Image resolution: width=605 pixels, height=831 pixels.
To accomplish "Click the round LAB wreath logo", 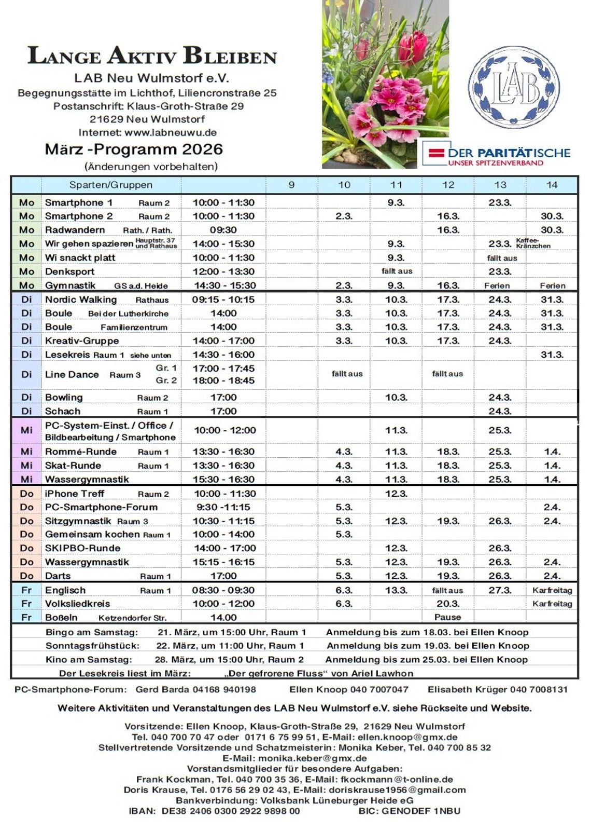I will coord(513,87).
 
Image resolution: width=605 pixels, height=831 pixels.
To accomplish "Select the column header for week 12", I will coord(448,185).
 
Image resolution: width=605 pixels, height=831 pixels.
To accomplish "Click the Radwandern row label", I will coord(75,230).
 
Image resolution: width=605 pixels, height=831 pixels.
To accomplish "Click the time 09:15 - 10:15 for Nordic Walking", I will coord(223,299).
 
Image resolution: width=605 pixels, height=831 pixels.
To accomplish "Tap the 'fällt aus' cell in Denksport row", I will coord(397,271).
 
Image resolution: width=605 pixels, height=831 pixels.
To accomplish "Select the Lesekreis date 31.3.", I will coord(552,355).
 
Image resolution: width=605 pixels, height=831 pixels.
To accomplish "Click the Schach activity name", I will coord(63,411).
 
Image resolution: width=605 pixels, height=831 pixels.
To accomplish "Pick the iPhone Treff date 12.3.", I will coord(396,494).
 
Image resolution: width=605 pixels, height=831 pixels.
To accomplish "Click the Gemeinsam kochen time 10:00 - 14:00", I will coord(223,534).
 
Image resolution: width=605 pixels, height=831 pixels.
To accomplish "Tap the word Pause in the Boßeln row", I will coord(447,617).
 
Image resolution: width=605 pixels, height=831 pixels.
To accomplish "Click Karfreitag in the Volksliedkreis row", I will coord(552,604).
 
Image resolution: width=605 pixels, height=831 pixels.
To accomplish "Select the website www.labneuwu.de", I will coord(171,132).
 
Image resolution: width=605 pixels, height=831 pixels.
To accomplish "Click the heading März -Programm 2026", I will coord(134,149).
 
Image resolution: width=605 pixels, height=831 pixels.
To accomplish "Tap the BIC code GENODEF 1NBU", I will coord(421,811).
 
